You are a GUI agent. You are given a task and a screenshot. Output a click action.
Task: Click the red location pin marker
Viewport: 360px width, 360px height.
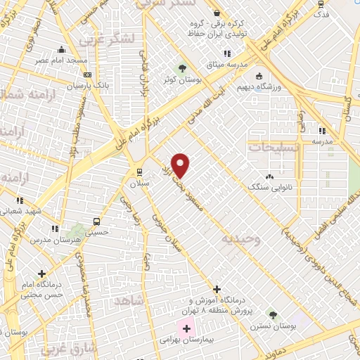point(181,165)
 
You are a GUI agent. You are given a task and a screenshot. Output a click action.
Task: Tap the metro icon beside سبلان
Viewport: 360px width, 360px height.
point(139,172)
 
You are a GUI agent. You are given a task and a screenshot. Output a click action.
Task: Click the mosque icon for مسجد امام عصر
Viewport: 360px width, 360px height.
point(62,49)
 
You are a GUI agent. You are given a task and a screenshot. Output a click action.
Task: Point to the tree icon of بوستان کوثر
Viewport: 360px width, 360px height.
point(184,68)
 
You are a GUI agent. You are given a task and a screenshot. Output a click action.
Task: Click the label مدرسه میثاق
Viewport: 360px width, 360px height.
point(226,65)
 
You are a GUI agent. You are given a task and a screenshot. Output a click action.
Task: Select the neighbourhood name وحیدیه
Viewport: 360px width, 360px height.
point(241,239)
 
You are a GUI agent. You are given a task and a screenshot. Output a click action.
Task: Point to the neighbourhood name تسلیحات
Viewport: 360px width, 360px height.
point(274,148)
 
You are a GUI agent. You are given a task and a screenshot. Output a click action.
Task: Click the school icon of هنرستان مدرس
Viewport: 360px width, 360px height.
point(55,229)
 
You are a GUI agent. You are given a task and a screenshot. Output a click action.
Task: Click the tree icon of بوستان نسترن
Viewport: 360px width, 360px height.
point(272,315)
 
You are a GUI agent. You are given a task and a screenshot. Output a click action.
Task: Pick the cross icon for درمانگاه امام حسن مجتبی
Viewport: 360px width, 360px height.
point(42,273)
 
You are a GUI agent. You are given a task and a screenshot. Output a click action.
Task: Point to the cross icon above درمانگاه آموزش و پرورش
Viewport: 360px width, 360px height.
point(217,289)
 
